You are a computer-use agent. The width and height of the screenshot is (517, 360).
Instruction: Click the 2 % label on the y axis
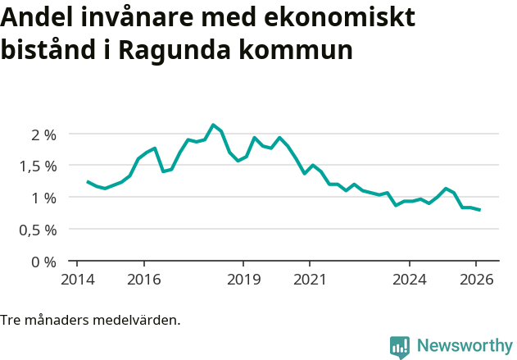[x=39, y=134]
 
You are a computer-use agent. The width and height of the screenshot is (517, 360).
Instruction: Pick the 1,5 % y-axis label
[x=34, y=166]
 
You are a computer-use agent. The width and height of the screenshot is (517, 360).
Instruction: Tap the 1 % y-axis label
[x=39, y=198]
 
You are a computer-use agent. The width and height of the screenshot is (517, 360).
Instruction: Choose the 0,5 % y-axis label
[x=34, y=230]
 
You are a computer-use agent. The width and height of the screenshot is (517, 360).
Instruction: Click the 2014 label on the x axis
[x=76, y=280]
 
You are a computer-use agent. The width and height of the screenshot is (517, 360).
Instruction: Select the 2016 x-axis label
[x=143, y=280]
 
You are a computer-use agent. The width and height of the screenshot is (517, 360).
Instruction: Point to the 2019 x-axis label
[x=243, y=280]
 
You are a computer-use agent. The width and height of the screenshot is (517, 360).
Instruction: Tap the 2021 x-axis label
[x=310, y=280]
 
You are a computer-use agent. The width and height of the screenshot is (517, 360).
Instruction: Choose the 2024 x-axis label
[x=410, y=280]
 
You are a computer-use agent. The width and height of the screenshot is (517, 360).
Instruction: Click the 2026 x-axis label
[x=477, y=280]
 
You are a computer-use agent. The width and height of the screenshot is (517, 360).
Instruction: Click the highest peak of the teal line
[x=213, y=125]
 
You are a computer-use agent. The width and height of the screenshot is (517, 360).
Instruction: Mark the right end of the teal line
[x=479, y=210]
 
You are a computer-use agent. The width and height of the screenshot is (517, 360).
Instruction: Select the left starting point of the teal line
[x=88, y=182]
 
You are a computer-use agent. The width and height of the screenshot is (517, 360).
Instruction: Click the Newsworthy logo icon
[x=400, y=347]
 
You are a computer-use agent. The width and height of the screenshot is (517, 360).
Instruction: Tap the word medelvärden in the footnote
[x=136, y=320]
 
